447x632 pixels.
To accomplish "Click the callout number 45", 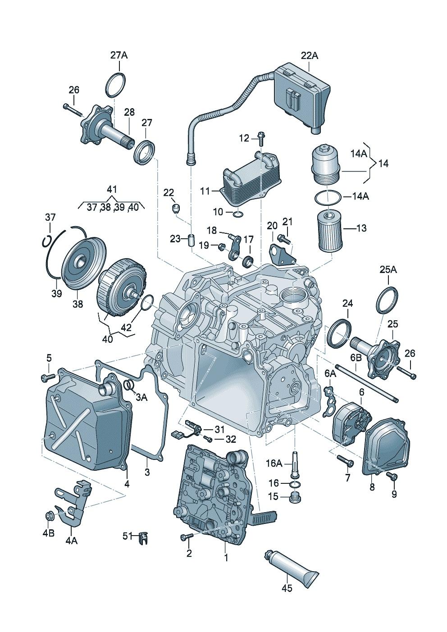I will (287, 588).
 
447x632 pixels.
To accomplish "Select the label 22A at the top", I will (309, 55).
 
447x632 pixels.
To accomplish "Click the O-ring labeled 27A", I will (115, 83).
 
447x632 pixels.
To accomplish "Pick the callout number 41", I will (111, 189).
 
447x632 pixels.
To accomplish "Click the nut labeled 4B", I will (50, 516).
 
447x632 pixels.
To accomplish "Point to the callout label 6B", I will (356, 358).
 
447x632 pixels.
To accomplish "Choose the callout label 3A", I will (141, 397).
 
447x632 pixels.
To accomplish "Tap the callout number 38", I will (78, 304).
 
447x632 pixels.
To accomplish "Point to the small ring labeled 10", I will (237, 212).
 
